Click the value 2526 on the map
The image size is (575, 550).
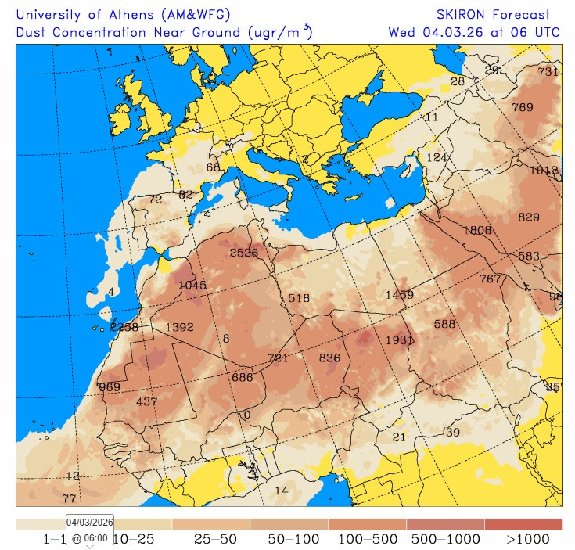coord(244,253)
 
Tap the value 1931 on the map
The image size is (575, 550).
coord(399,340)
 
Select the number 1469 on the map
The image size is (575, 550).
coord(399,294)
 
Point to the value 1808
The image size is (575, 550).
coord(477,230)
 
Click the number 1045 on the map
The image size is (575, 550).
coord(192,285)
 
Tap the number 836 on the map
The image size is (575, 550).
coord(329,358)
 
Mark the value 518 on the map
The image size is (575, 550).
coord(299,298)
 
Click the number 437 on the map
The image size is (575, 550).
coord(147,401)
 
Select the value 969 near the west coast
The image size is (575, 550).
coord(110,387)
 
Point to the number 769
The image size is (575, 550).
coord(522,107)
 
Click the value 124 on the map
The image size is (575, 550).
coord(437,157)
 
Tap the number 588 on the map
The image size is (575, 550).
coord(444,324)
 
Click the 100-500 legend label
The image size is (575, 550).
coord(367,539)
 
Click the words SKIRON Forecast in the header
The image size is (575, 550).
coord(493,14)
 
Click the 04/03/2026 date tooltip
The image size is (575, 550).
coord(90,522)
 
